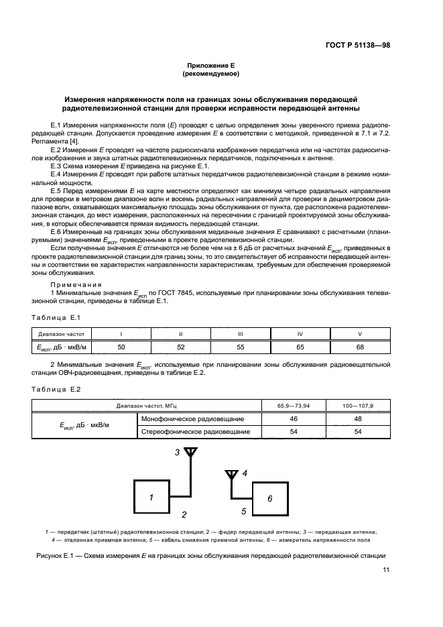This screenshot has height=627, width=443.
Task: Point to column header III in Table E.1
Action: point(240,333)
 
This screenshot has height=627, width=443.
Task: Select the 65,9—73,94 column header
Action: point(294,406)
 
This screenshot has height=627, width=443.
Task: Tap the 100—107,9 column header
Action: point(358,406)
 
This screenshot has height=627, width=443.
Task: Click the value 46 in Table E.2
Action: point(294,418)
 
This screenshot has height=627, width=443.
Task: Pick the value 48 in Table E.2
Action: point(358,418)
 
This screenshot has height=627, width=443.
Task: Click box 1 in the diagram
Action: point(151,498)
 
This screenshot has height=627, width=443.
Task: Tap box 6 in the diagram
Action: point(269,499)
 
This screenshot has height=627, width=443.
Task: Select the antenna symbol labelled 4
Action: point(231,475)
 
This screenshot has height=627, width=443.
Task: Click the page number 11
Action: point(385,569)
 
